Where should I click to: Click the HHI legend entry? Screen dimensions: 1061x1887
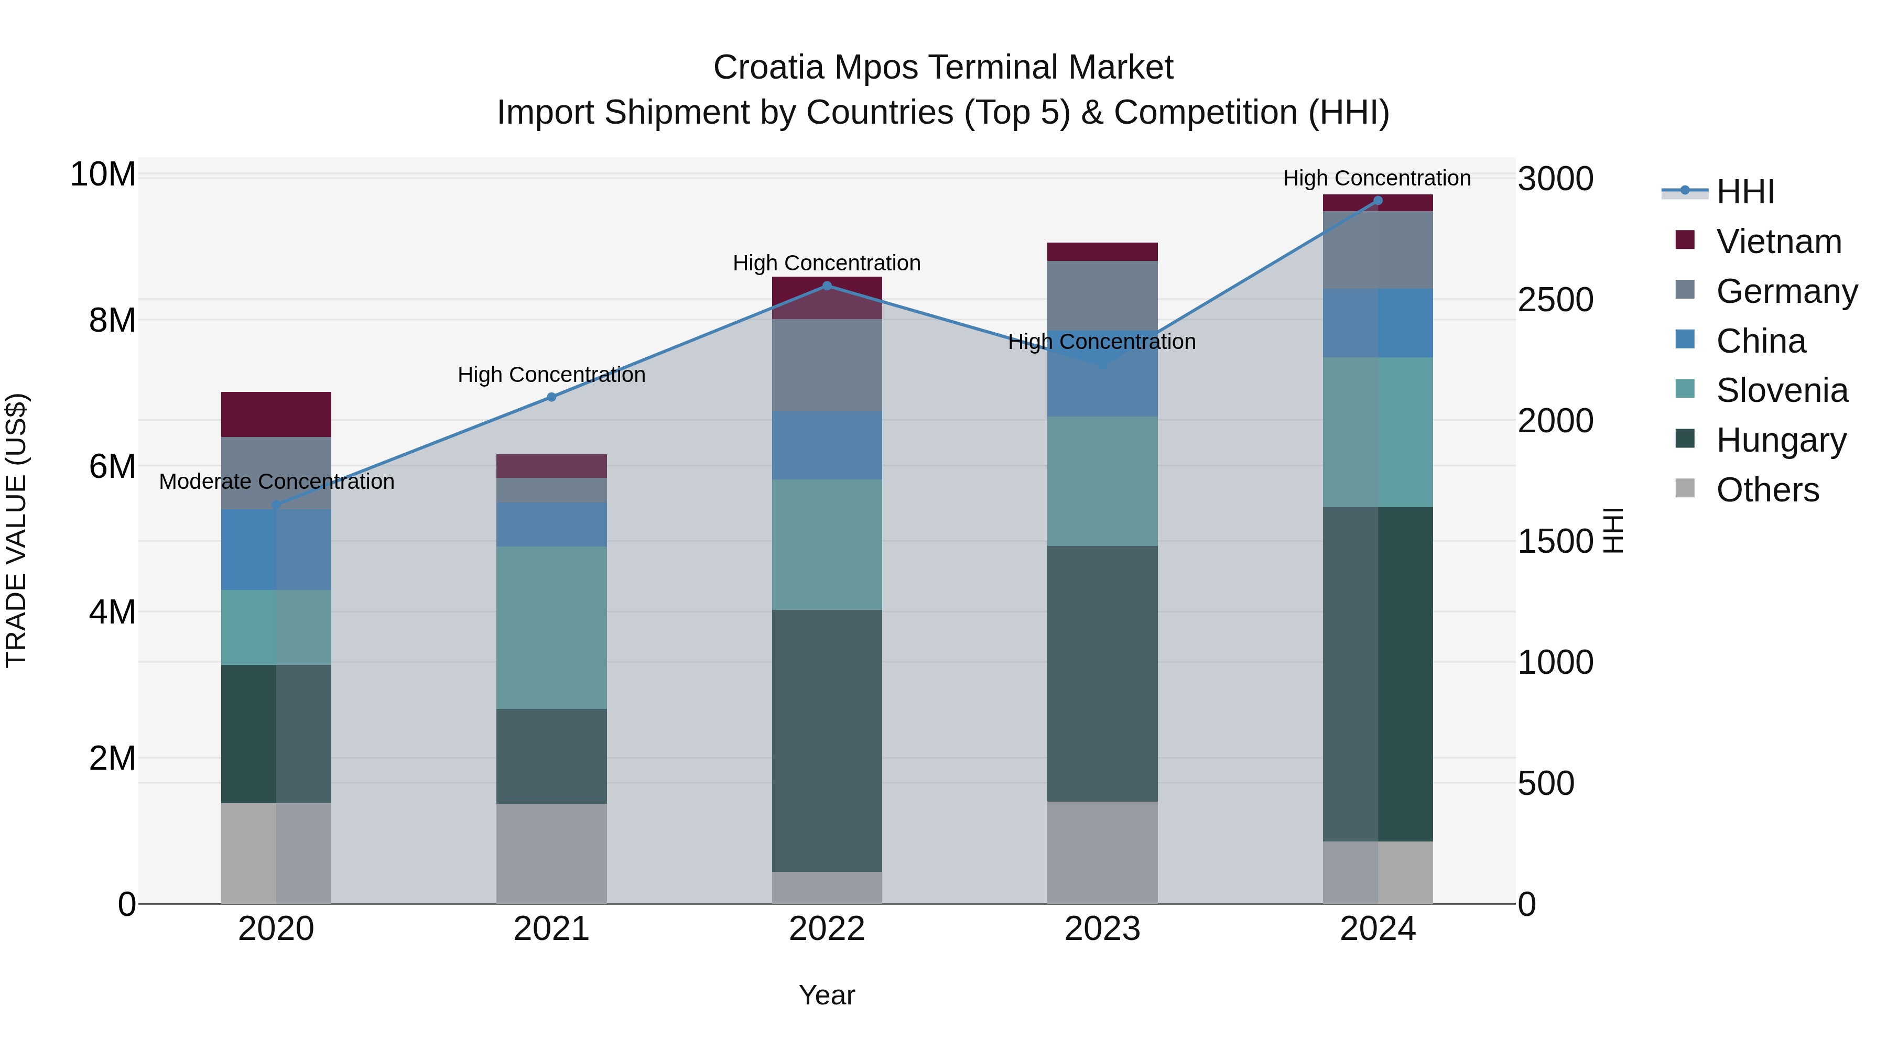(x=1743, y=192)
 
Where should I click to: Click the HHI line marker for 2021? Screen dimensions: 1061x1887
(x=551, y=397)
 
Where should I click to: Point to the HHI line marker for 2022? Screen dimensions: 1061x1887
(x=827, y=286)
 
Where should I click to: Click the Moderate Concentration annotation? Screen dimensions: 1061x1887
(x=276, y=482)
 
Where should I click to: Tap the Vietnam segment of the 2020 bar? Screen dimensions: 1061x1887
(x=276, y=414)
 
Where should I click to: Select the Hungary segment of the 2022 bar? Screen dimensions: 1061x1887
(x=827, y=740)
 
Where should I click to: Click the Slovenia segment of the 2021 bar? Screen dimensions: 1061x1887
(x=551, y=628)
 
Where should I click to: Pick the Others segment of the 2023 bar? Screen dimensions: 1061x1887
(x=1102, y=852)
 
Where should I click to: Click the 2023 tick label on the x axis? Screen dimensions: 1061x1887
(x=1102, y=929)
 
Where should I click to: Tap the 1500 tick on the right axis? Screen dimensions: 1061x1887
(x=1555, y=542)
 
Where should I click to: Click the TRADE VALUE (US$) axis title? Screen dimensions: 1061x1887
(x=16, y=530)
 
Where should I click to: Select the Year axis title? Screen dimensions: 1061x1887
(x=827, y=995)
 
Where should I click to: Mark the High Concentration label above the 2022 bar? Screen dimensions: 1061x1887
(x=827, y=263)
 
